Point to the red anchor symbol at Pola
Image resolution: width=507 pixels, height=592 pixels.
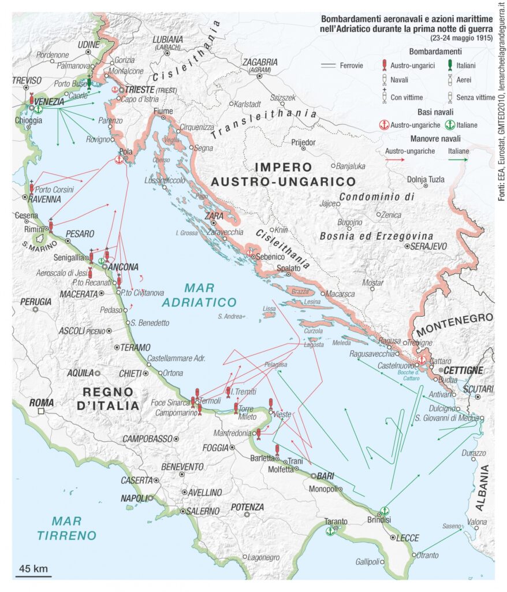pyautogui.click(x=120, y=160)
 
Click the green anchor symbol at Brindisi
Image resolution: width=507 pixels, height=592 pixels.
pyautogui.click(x=385, y=511)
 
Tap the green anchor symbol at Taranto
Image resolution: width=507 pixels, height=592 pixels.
pyautogui.click(x=330, y=531)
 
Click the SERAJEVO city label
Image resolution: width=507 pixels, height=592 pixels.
pyautogui.click(x=427, y=246)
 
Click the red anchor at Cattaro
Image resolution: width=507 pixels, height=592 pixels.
pyautogui.click(x=422, y=360)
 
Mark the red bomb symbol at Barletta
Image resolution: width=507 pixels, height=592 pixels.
pyautogui.click(x=277, y=450)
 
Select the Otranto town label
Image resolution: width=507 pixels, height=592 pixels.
pyautogui.click(x=428, y=556)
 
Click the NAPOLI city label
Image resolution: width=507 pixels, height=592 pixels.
pyautogui.click(x=135, y=498)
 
